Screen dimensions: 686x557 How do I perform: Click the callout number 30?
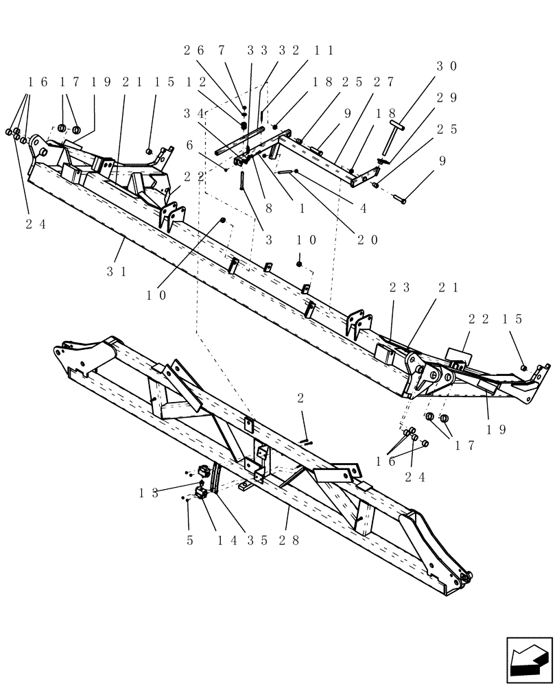point(448,67)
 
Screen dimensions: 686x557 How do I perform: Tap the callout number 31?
point(116,271)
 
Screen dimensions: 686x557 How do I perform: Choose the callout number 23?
point(399,289)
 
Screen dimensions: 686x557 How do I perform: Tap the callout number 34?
point(193,113)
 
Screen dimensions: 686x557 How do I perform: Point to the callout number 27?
point(382,82)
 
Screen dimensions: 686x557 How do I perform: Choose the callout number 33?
point(256,50)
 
